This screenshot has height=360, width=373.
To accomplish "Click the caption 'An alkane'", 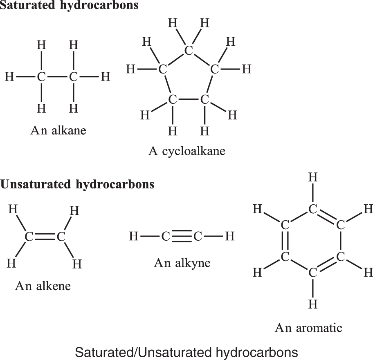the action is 58,130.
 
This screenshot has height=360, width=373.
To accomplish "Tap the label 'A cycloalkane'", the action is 187,151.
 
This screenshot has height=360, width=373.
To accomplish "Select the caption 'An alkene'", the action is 43,286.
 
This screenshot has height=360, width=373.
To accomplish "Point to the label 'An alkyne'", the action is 182,263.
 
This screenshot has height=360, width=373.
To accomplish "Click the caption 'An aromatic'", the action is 308,328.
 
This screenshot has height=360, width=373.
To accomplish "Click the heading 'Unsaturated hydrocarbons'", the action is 77,184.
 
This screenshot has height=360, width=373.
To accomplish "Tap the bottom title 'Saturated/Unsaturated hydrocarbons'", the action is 186,352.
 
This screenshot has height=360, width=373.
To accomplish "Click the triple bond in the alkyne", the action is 182,237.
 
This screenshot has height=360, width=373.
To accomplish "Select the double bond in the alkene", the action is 45,237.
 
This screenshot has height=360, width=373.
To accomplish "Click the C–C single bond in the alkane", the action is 57,77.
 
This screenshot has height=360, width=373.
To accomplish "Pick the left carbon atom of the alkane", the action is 41,77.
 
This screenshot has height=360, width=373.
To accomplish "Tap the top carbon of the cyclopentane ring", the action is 189,50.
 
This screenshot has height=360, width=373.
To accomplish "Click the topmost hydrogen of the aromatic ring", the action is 313,177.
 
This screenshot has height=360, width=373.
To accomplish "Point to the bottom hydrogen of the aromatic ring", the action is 313,304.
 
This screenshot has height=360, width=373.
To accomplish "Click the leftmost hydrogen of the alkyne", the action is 134,237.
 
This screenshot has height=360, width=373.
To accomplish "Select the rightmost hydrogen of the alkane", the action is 106,77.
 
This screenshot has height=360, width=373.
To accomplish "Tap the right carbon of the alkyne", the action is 198,237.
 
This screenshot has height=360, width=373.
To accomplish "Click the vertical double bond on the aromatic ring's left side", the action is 285,241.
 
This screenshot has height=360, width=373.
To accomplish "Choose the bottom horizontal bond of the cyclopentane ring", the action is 189,99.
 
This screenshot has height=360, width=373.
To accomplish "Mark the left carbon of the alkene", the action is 29,237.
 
